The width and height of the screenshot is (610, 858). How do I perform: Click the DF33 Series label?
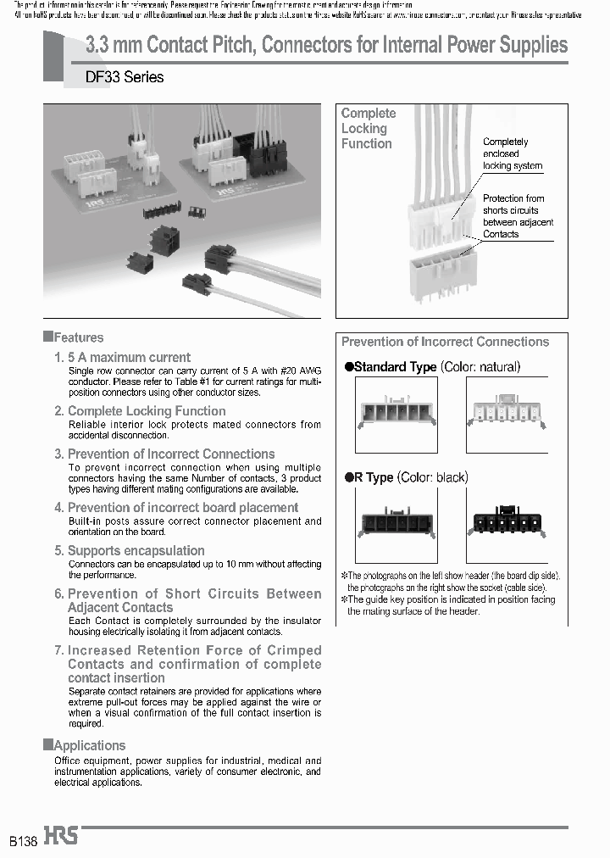pyautogui.click(x=125, y=77)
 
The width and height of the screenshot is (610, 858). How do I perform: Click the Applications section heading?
pyautogui.click(x=89, y=745)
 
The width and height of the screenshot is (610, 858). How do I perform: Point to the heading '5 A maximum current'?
pyautogui.click(x=129, y=358)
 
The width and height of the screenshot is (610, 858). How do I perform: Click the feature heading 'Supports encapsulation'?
pyautogui.click(x=136, y=550)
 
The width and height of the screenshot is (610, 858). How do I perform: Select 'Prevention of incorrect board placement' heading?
pyautogui.click(x=182, y=507)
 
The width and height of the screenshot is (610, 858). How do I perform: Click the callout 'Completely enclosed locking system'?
pyautogui.click(x=512, y=154)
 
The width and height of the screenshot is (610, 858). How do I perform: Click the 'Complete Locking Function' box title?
pyautogui.click(x=368, y=128)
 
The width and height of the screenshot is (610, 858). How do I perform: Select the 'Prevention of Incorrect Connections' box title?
pyautogui.click(x=445, y=342)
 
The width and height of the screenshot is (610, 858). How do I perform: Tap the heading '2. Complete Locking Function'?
pyautogui.click(x=146, y=411)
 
